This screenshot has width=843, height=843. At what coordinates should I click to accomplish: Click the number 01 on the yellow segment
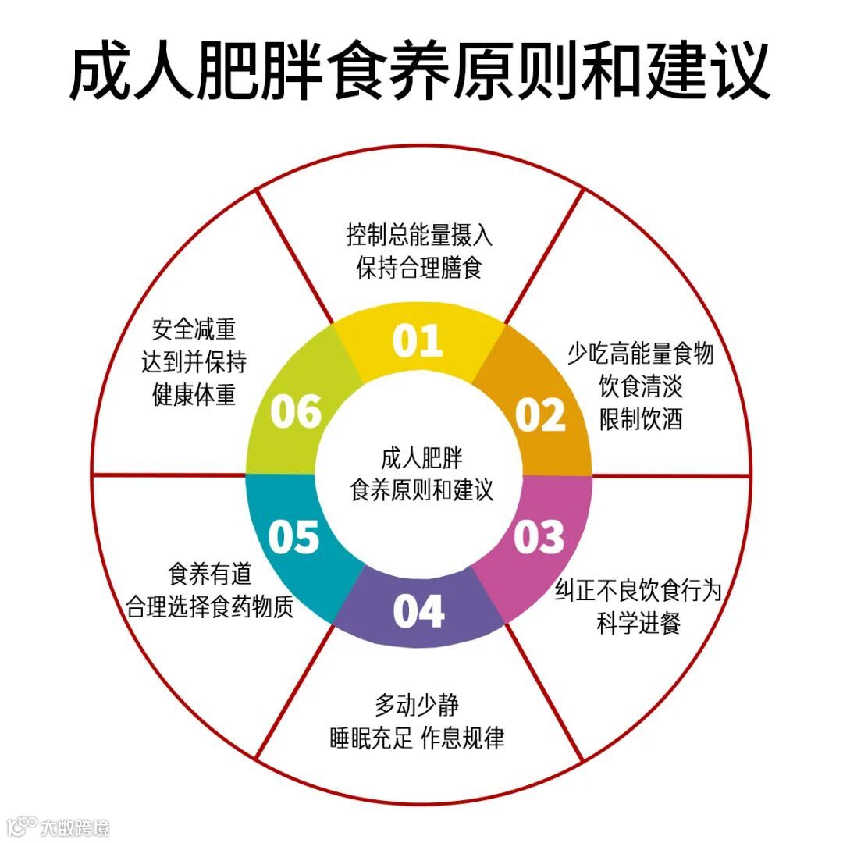pyautogui.click(x=418, y=341)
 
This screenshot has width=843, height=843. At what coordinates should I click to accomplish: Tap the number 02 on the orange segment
pyautogui.click(x=540, y=414)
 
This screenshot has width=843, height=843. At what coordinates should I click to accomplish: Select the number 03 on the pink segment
pyautogui.click(x=539, y=536)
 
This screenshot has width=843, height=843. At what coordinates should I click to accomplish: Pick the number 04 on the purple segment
pyautogui.click(x=418, y=611)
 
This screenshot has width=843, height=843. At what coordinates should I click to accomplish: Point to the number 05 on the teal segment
pyautogui.click(x=294, y=536)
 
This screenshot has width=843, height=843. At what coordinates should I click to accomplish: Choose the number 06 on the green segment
pyautogui.click(x=296, y=411)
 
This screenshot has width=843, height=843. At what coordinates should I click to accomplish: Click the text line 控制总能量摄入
pyautogui.click(x=420, y=235)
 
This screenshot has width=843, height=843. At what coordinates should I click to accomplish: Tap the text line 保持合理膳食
pyautogui.click(x=420, y=269)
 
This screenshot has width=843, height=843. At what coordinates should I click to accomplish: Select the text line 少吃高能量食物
pyautogui.click(x=640, y=354)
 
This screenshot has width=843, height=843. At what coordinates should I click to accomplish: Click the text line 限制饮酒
pyautogui.click(x=641, y=419)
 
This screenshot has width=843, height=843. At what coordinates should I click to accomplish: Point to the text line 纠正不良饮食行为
pyautogui.click(x=638, y=591)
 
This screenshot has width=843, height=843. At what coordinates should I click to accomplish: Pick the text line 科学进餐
pyautogui.click(x=639, y=624)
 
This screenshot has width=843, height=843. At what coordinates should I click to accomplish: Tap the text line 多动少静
pyautogui.click(x=417, y=706)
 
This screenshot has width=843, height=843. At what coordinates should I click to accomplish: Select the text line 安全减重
pyautogui.click(x=194, y=329)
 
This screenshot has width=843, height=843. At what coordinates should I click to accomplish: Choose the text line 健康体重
pyautogui.click(x=194, y=395)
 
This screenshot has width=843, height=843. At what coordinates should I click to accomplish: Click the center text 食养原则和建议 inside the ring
pyautogui.click(x=422, y=490)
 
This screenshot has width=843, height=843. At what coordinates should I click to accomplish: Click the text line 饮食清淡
pyautogui.click(x=641, y=386)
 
